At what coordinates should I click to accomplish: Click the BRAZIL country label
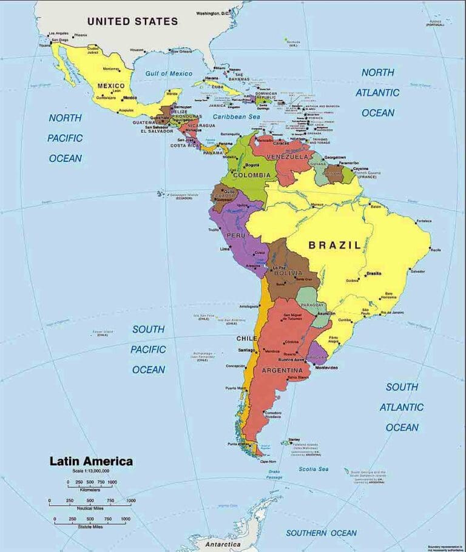pos(334,245)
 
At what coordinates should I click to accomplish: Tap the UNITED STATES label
pos(132,21)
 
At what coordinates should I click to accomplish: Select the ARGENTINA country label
pos(282,370)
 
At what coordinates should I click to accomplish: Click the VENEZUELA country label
pos(288,157)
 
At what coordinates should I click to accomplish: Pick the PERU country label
pos(235,235)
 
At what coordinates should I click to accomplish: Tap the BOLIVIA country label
pos(288,273)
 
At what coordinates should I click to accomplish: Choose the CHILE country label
pos(247,338)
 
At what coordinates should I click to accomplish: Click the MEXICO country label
pos(111,86)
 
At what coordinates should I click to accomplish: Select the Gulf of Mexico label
pos(169,73)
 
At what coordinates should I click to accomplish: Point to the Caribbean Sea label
pos(236,116)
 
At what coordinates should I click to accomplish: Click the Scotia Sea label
pos(314,469)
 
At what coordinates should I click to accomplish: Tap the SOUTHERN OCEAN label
pos(322,533)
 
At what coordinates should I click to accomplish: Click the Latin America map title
pos(90,462)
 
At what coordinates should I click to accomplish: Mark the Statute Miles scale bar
pos(90,520)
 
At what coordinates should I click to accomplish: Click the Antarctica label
pos(223,545)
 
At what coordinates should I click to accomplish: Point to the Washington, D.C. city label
pos(213,13)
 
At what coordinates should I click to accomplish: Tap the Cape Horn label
pos(268,462)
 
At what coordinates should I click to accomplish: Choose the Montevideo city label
pos(326,368)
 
